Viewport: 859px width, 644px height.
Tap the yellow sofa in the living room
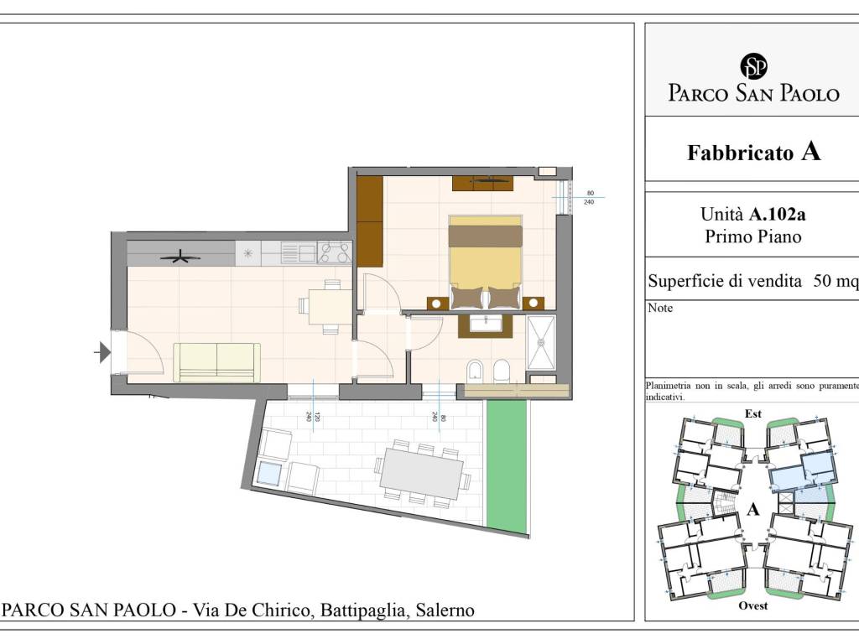tap(216, 361)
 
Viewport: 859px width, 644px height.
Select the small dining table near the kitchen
tap(330, 306)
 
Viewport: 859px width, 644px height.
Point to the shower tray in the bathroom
tap(541, 343)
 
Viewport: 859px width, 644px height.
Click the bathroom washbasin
tap(485, 323)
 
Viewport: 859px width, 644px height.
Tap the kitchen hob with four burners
tap(335, 252)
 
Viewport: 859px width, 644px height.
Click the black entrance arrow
tap(102, 352)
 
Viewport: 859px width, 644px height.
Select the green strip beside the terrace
tap(506, 465)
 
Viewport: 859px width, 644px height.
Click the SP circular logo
tap(753, 66)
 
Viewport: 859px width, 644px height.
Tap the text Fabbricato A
tap(753, 153)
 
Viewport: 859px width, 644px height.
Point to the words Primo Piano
tap(753, 236)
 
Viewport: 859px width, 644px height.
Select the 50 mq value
tap(836, 282)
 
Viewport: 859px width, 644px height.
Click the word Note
tap(660, 308)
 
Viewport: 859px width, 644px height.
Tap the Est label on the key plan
tap(753, 413)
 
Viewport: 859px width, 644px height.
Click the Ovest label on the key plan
tap(752, 605)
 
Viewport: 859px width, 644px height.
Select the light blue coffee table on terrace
tap(269, 473)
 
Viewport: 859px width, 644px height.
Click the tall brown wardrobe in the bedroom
tap(369, 221)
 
